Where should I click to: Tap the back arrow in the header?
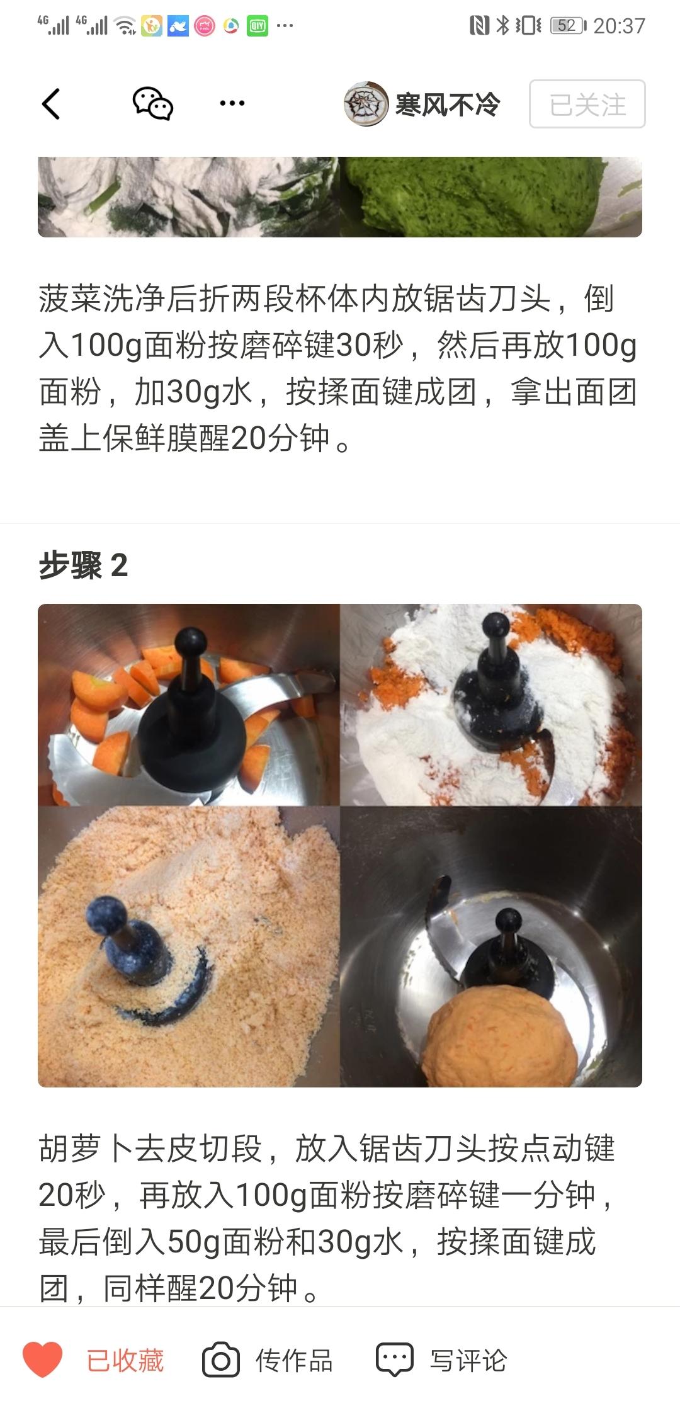pyautogui.click(x=51, y=104)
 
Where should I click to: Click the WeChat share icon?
pyautogui.click(x=152, y=103)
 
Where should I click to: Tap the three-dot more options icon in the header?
pyautogui.click(x=232, y=103)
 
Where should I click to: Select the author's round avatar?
pyautogui.click(x=365, y=104)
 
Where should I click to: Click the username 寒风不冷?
pyautogui.click(x=448, y=105)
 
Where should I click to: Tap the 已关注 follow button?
pyautogui.click(x=587, y=104)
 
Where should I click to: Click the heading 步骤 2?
pyautogui.click(x=83, y=565)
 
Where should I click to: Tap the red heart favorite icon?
pyautogui.click(x=43, y=1359)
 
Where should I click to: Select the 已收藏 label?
pyautogui.click(x=125, y=1361)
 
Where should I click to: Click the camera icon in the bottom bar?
pyautogui.click(x=221, y=1361)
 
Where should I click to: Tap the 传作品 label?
pyautogui.click(x=294, y=1361)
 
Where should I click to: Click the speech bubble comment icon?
pyautogui.click(x=395, y=1360)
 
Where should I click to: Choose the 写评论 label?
pyautogui.click(x=468, y=1361)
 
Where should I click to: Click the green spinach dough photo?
pyautogui.click(x=491, y=197)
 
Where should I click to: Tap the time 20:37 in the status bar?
pyautogui.click(x=620, y=26)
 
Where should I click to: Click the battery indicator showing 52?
pyautogui.click(x=569, y=26)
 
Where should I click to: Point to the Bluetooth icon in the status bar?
pyautogui.click(x=502, y=26)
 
